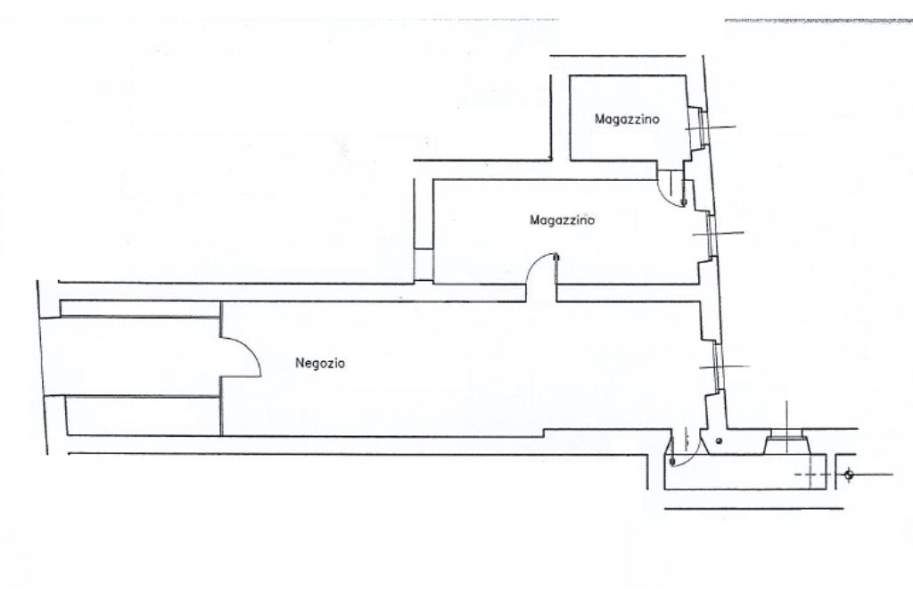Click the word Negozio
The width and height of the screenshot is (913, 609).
(x=319, y=364)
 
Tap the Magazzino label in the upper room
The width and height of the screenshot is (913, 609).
(x=628, y=119)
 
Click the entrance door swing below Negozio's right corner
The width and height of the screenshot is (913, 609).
(x=683, y=455)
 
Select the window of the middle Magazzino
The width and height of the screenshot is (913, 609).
(x=711, y=234)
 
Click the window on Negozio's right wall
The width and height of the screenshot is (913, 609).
(x=719, y=367)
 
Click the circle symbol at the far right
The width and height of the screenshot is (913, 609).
(x=848, y=474)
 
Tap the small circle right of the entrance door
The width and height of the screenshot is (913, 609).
(x=720, y=441)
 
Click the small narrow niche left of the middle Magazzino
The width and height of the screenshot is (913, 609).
(x=423, y=266)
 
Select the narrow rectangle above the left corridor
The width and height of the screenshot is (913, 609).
(x=139, y=309)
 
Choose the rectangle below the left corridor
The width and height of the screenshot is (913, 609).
(x=144, y=416)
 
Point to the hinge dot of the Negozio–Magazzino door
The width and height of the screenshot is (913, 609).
(x=556, y=259)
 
